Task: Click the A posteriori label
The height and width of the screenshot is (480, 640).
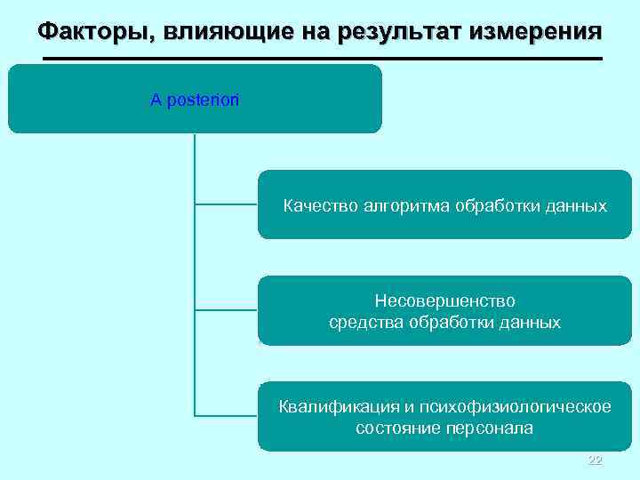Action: click(195, 100)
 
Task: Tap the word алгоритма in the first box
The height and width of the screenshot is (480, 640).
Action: click(406, 206)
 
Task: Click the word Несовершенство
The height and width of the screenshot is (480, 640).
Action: click(444, 301)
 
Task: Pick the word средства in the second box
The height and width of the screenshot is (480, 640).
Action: click(364, 322)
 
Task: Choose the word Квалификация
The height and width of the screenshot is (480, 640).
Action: click(337, 407)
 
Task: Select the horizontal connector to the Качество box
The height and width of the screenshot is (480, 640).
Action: click(226, 204)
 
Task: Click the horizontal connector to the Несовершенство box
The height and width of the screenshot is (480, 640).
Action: click(226, 310)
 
